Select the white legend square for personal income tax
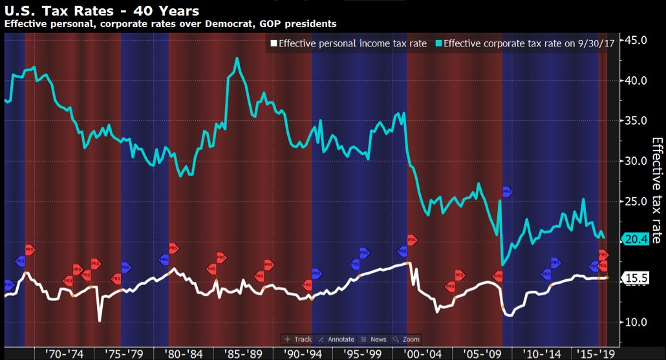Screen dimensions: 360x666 coord(274,44)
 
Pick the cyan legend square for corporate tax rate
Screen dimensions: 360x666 coord(439,44)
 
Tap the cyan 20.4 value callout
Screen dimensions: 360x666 coord(637,239)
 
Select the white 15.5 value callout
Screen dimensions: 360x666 coord(637,278)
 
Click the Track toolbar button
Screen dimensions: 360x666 coord(299,339)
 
